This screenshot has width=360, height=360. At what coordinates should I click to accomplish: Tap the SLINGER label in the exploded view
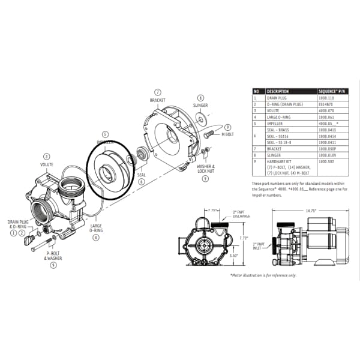click(200, 105)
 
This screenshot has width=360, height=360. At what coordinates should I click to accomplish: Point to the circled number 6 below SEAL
click(141, 182)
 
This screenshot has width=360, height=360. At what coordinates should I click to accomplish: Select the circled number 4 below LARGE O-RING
click(95, 238)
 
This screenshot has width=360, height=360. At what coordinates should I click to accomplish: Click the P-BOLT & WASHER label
click(54, 256)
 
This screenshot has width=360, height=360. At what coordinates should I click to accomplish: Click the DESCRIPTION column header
click(278, 91)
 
